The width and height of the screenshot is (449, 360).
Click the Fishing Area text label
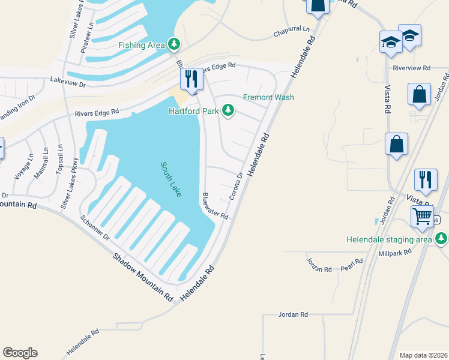pos(142,45)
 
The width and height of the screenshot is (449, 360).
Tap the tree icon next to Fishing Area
pos(174,44)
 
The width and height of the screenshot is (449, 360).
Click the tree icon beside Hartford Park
pos(228,110)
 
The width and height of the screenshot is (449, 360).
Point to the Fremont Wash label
pos(268,97)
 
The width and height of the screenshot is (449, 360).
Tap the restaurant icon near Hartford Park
pos(191,79)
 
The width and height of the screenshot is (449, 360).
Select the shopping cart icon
pos(423,216)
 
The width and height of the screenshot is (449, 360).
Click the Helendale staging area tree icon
pos(442,239)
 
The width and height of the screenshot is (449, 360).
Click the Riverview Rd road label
pos(412,68)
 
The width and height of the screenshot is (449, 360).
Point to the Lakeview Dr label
pos(68,80)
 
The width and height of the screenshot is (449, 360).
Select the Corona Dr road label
pos(236,187)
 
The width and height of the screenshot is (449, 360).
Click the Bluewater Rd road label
pos(215,206)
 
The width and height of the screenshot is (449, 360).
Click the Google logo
pos(20,353)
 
